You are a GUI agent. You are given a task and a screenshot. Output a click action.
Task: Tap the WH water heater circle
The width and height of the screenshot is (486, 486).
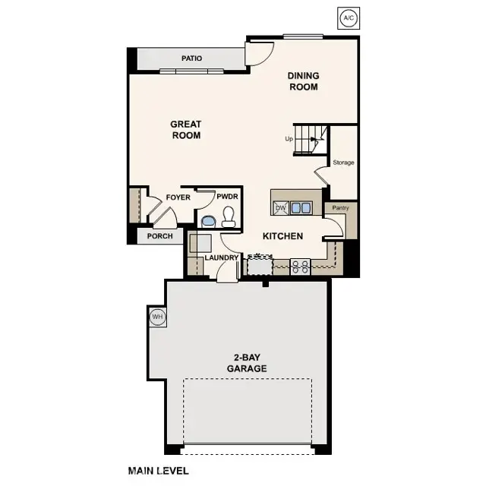coord(157,317)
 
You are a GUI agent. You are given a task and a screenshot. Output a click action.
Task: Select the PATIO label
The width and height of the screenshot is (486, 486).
coord(191,58)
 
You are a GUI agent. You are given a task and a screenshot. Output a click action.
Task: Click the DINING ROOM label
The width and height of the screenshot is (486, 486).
coord(303,81)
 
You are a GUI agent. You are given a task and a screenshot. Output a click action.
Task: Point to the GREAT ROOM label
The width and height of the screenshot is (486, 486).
coord(185,130)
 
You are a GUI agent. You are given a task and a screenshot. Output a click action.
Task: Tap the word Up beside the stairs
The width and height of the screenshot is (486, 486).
coord(289,139)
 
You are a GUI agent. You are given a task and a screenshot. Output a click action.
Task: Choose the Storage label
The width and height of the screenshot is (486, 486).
coord(343,163)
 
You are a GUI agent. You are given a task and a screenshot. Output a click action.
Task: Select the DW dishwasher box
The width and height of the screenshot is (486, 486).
coord(280,207)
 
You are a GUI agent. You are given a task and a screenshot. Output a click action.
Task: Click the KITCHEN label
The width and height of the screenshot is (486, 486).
coord(282,236)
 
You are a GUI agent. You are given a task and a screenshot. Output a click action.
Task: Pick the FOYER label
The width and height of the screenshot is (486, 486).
coord(178,197)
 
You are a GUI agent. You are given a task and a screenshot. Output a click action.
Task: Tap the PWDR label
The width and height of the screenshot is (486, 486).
coord(227,197)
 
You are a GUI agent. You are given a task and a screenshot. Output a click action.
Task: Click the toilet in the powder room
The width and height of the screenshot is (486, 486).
coord(228,218)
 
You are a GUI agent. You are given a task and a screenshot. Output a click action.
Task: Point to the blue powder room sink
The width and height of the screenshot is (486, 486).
coord(208,221)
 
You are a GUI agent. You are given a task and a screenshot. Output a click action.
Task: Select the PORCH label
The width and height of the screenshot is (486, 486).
coord(159,236)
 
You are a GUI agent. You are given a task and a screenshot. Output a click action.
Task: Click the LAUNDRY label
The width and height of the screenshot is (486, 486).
coord(222,258)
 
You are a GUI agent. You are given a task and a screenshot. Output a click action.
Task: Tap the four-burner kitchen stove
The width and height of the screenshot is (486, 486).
coord(301,266)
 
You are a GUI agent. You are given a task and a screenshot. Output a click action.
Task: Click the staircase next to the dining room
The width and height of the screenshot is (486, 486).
coord(311,139)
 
